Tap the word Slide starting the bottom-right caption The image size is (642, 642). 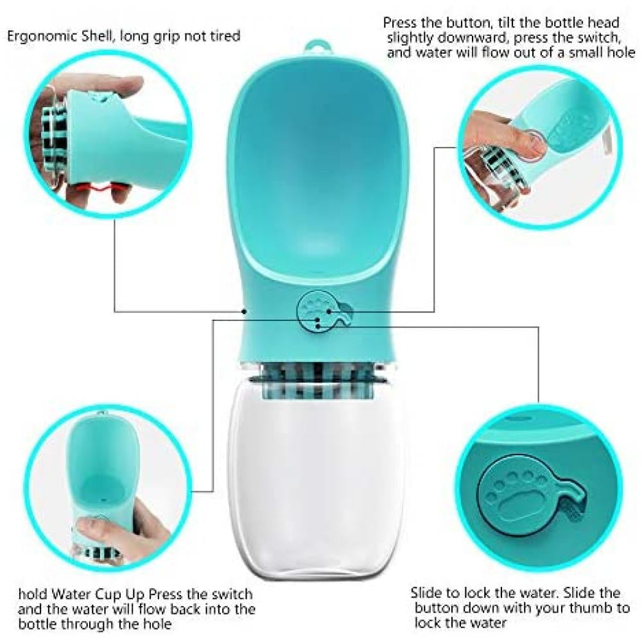tap(428, 593)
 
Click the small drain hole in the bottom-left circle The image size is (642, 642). tap(102, 499)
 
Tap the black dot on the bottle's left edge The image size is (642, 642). tap(245, 311)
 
